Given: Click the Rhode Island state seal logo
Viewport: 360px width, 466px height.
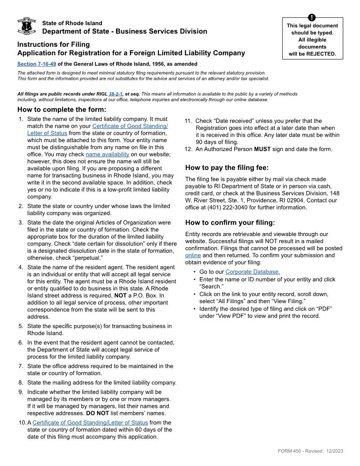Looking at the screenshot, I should [x=26, y=26].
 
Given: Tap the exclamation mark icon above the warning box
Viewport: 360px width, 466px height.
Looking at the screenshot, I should [x=313, y=18].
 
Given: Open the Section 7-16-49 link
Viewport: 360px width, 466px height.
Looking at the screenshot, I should [x=37, y=64].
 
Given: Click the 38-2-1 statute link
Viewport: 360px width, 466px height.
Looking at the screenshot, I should [x=115, y=94].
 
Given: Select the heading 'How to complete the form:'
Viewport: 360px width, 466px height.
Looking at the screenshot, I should [x=62, y=110].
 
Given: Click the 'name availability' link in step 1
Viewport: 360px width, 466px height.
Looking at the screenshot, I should [x=107, y=154].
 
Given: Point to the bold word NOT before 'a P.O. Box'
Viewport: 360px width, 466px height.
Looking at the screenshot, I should [x=120, y=295].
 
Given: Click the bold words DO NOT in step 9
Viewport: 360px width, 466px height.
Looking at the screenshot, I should [x=97, y=413].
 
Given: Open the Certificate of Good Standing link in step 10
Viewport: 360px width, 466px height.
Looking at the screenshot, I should [x=90, y=422].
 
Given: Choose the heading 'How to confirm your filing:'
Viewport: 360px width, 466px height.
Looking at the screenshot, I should [x=230, y=222].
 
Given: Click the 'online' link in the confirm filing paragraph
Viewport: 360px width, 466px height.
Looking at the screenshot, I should [x=193, y=255].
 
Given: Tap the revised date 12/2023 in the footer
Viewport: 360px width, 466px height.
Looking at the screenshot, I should [x=335, y=451].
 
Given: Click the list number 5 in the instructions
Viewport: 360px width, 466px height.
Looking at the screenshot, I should [x=21, y=326].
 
